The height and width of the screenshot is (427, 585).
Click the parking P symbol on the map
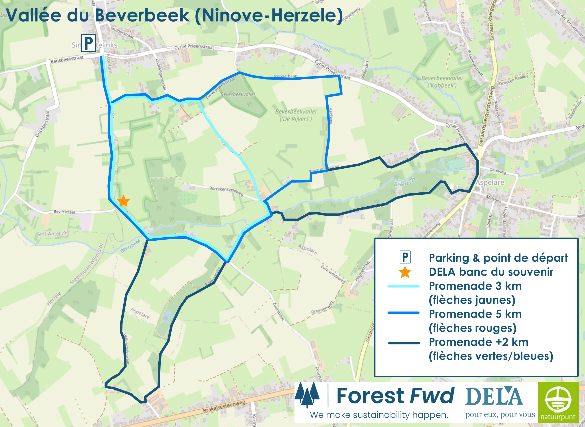pos(88,43)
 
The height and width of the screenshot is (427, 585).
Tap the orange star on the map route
pos(123,201)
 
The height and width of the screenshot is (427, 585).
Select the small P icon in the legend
pos(405,257)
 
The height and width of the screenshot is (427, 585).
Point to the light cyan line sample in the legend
pos(403,286)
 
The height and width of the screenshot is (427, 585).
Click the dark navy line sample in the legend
pos(404,343)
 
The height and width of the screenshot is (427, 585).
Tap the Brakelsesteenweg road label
pos(224,407)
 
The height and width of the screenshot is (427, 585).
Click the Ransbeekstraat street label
pos(67,59)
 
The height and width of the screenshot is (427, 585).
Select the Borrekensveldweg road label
pos(226,191)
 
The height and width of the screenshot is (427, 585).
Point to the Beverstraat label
pos(64,212)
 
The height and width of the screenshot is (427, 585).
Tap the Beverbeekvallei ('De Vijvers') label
pos(296,115)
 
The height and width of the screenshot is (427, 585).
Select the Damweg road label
pos(497,171)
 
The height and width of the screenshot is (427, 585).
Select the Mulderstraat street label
pos(122,32)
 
